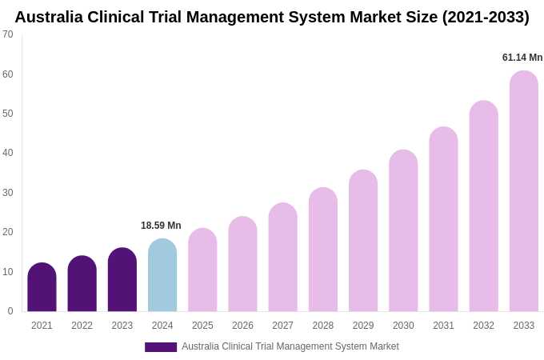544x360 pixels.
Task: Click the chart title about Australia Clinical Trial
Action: coord(272,17)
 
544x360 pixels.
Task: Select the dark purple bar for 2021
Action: coord(42,288)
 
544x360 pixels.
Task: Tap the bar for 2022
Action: coord(82,284)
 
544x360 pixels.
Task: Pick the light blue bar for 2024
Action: coord(162,276)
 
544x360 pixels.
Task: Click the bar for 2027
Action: coord(282,258)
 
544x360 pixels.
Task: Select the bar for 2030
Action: coord(403,231)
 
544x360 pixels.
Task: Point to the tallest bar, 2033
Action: coord(524,192)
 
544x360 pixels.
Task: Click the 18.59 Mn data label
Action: coord(161,226)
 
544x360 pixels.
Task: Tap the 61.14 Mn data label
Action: coord(522,58)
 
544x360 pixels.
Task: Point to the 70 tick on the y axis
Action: coord(8,34)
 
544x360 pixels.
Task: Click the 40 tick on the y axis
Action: coord(8,153)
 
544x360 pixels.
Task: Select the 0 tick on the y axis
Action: coord(10,311)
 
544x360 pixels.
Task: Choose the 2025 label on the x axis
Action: coord(202,326)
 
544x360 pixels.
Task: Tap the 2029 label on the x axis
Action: coord(363,326)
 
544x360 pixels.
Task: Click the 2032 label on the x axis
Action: coord(483,326)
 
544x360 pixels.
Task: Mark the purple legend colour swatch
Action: coord(161,347)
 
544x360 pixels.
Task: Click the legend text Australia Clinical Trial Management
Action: coord(290,346)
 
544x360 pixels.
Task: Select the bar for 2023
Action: coord(122,280)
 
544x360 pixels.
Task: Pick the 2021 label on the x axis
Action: coord(42,326)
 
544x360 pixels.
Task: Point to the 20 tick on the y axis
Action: coord(8,232)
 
